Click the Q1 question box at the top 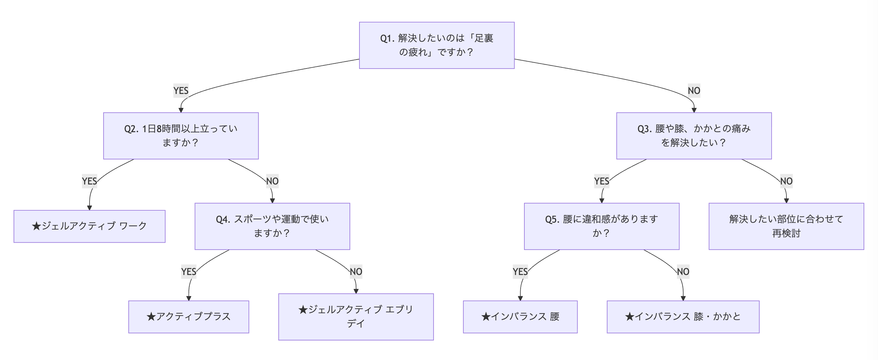coord(437,45)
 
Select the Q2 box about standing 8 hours coord(181,136)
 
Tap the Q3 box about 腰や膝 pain coord(693,136)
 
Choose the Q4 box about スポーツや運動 coord(272,226)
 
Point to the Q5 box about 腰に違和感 coord(601,226)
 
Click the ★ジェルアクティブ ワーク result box coord(89,226)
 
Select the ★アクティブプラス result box coord(188,317)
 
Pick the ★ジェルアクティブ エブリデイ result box coord(356,317)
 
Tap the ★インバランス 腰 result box coord(520,317)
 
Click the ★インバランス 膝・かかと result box coord(683,317)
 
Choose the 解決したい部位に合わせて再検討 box coord(786,226)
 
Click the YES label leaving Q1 coord(181,91)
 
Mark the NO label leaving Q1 coord(694,91)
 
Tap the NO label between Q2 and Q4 coord(272,181)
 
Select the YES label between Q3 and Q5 coord(602,181)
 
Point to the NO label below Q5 coord(683,272)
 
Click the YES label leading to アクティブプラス coord(189,272)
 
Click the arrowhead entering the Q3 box coord(694,110)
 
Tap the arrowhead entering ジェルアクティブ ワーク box coord(90,208)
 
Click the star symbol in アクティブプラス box coord(151,317)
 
